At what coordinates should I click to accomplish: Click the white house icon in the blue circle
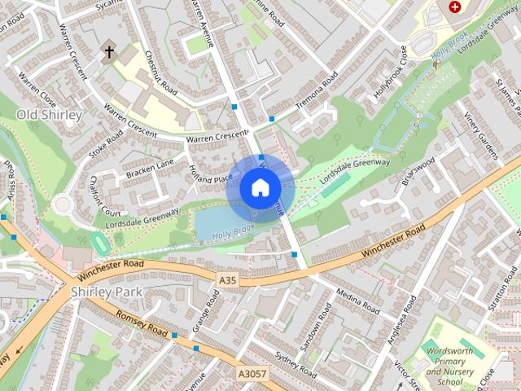click(260, 187)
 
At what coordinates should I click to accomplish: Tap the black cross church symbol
click(108, 53)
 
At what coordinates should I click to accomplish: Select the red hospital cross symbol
click(454, 7)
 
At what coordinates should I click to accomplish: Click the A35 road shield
click(228, 280)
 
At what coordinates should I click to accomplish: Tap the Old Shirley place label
click(50, 115)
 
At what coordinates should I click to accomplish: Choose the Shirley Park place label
click(107, 292)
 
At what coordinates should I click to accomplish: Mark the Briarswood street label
click(418, 173)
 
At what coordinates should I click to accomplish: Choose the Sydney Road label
click(296, 365)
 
